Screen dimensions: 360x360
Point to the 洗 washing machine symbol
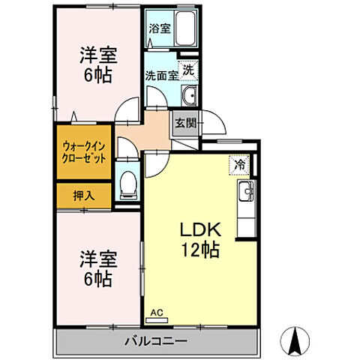point(190,69)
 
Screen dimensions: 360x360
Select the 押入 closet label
point(83,195)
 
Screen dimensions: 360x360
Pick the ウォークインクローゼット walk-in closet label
point(83,153)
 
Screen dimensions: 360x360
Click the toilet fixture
point(129,182)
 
